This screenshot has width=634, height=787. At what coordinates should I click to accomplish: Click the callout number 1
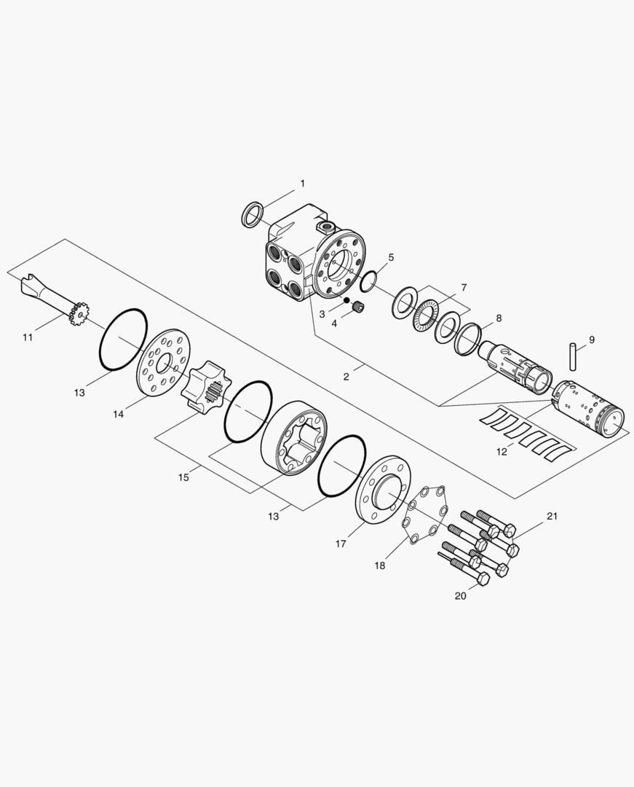point(302,184)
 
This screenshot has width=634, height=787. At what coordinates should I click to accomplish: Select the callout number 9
point(592,340)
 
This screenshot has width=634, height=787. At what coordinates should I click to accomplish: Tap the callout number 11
point(28,337)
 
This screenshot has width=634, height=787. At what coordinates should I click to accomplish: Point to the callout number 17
point(341,544)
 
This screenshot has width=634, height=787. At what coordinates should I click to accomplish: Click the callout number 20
point(460,596)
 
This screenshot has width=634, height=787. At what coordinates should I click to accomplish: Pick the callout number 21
point(552,516)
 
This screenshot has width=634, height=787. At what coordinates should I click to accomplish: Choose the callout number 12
point(502,452)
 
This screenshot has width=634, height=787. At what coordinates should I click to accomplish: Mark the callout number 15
point(183,477)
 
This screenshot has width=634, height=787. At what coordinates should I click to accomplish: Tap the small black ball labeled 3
point(346,301)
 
